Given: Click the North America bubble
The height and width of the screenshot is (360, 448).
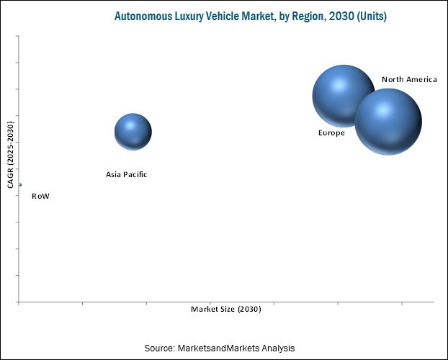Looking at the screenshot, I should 388,122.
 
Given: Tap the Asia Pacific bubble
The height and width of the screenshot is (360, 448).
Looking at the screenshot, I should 133,132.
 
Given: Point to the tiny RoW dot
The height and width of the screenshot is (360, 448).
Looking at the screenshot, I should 20,185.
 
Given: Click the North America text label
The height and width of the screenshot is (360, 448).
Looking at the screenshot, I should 409,79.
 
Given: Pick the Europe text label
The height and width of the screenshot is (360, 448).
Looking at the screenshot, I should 331,133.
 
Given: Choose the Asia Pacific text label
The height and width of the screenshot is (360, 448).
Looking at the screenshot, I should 126,174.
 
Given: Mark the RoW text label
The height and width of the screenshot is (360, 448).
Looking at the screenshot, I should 40,196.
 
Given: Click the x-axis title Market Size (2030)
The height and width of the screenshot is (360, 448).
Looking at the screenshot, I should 226,309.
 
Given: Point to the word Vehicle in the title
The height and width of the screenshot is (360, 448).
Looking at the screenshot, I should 229,16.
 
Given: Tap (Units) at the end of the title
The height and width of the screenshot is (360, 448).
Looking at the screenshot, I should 370,16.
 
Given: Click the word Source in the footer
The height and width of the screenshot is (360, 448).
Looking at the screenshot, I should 159,348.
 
